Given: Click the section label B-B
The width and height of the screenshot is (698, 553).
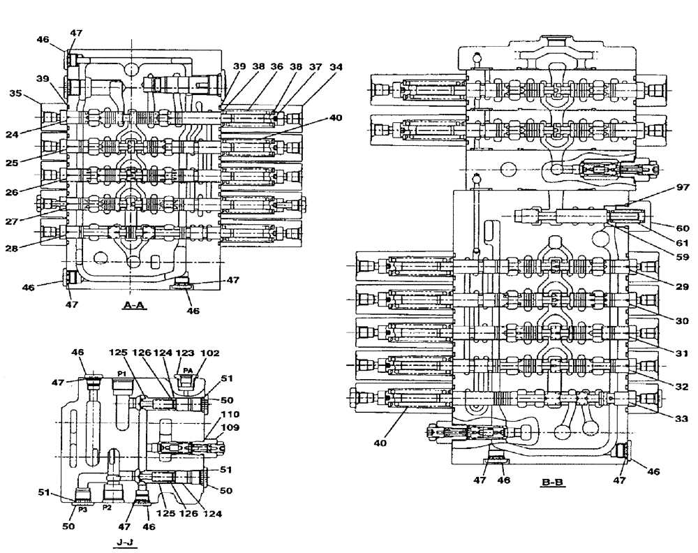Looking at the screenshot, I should (x=551, y=482).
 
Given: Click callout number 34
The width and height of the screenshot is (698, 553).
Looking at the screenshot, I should (x=336, y=67).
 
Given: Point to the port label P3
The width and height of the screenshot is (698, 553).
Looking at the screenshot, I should (x=82, y=510).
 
